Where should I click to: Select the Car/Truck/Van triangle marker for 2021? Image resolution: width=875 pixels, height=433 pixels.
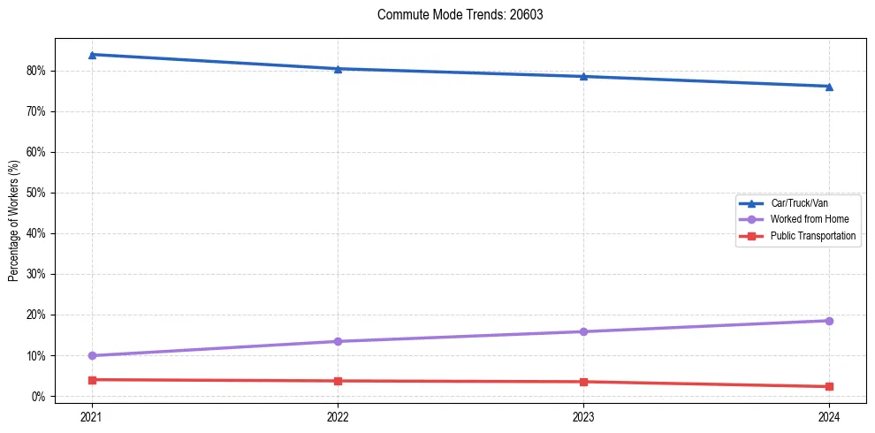[x=92, y=55]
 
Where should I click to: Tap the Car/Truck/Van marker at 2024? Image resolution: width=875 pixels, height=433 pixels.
[x=829, y=87]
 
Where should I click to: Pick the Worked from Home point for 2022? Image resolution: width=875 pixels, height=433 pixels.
[x=338, y=341]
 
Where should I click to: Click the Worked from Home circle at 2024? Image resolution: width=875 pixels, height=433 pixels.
[x=829, y=321]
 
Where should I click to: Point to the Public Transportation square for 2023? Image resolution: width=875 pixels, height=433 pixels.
[x=583, y=382]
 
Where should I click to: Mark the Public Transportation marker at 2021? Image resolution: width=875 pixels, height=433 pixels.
[x=92, y=380]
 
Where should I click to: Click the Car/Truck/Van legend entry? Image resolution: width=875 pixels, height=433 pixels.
[x=799, y=203]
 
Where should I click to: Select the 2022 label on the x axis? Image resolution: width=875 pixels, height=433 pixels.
[x=338, y=416]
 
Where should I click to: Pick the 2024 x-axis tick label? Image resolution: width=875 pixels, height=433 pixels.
[x=829, y=416]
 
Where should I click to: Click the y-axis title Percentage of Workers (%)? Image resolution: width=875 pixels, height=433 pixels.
[x=13, y=221]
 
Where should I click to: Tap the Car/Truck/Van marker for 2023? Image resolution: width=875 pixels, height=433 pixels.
[x=583, y=76]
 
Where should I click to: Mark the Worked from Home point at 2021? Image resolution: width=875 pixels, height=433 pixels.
[x=92, y=355]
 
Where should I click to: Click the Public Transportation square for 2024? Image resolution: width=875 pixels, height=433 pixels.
[x=829, y=386]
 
